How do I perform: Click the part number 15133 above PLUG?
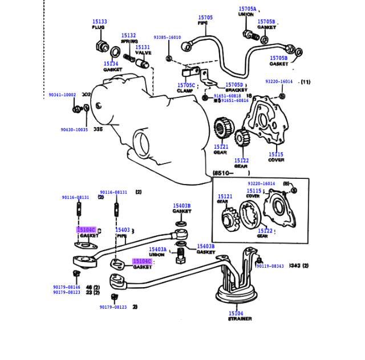pyautogui.click(x=100, y=22)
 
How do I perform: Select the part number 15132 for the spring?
pyautogui.click(x=128, y=35)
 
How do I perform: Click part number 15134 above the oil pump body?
pyautogui.click(x=111, y=64)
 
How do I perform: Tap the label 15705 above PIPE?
pyautogui.click(x=205, y=18)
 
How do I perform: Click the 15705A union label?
pyautogui.click(x=247, y=10)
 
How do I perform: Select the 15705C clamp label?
pyautogui.click(x=186, y=85)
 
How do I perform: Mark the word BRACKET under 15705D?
pyautogui.click(x=236, y=90)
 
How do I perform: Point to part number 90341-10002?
pyautogui.click(x=62, y=95)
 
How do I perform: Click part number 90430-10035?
pyautogui.click(x=74, y=130)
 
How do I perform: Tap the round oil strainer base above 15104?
pyautogui.click(x=236, y=296)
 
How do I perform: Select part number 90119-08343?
pyautogui.click(x=270, y=266)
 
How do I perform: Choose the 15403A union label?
pyautogui.click(x=158, y=249)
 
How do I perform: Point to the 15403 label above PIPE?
pyautogui.click(x=123, y=230)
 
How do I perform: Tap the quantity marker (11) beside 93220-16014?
pyautogui.click(x=306, y=82)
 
